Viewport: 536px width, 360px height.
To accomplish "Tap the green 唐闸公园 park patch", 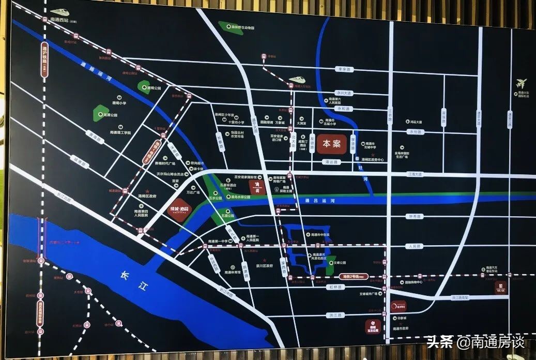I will click(x=144, y=87).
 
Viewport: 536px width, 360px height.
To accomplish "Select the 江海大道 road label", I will click(x=415, y=174).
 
